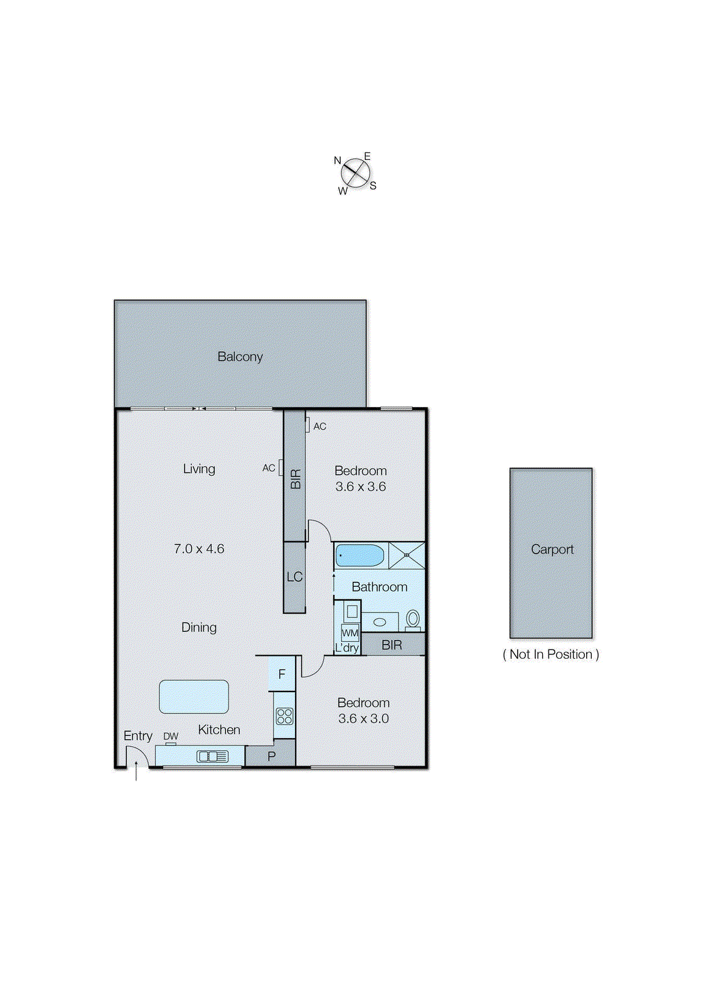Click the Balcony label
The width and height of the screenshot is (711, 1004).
(x=240, y=356)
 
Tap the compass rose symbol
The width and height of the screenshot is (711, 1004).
(x=356, y=174)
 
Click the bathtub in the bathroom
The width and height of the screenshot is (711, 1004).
(x=360, y=556)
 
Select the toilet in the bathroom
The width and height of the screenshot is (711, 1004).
(x=413, y=619)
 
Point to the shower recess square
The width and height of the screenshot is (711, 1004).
(x=407, y=555)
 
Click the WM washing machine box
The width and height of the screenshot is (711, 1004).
(x=350, y=633)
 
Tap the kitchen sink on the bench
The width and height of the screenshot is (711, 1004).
(x=212, y=757)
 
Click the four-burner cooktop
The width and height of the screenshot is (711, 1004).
(x=284, y=716)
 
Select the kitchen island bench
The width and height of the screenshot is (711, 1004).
(x=194, y=697)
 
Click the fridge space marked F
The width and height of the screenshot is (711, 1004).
(x=282, y=674)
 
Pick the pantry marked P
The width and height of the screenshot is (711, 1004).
(x=271, y=756)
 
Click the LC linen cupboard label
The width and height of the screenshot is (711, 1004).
(x=294, y=577)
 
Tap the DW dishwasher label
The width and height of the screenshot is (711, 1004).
(x=171, y=736)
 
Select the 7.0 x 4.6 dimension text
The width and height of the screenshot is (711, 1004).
(x=199, y=548)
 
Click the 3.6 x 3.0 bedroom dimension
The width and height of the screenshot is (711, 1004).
(x=363, y=718)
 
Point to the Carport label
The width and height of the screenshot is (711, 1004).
(x=552, y=549)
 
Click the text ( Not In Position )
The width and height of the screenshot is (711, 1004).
(x=551, y=654)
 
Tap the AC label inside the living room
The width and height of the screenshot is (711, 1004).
(x=269, y=468)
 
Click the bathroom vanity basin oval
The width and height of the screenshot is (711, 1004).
(x=380, y=622)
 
